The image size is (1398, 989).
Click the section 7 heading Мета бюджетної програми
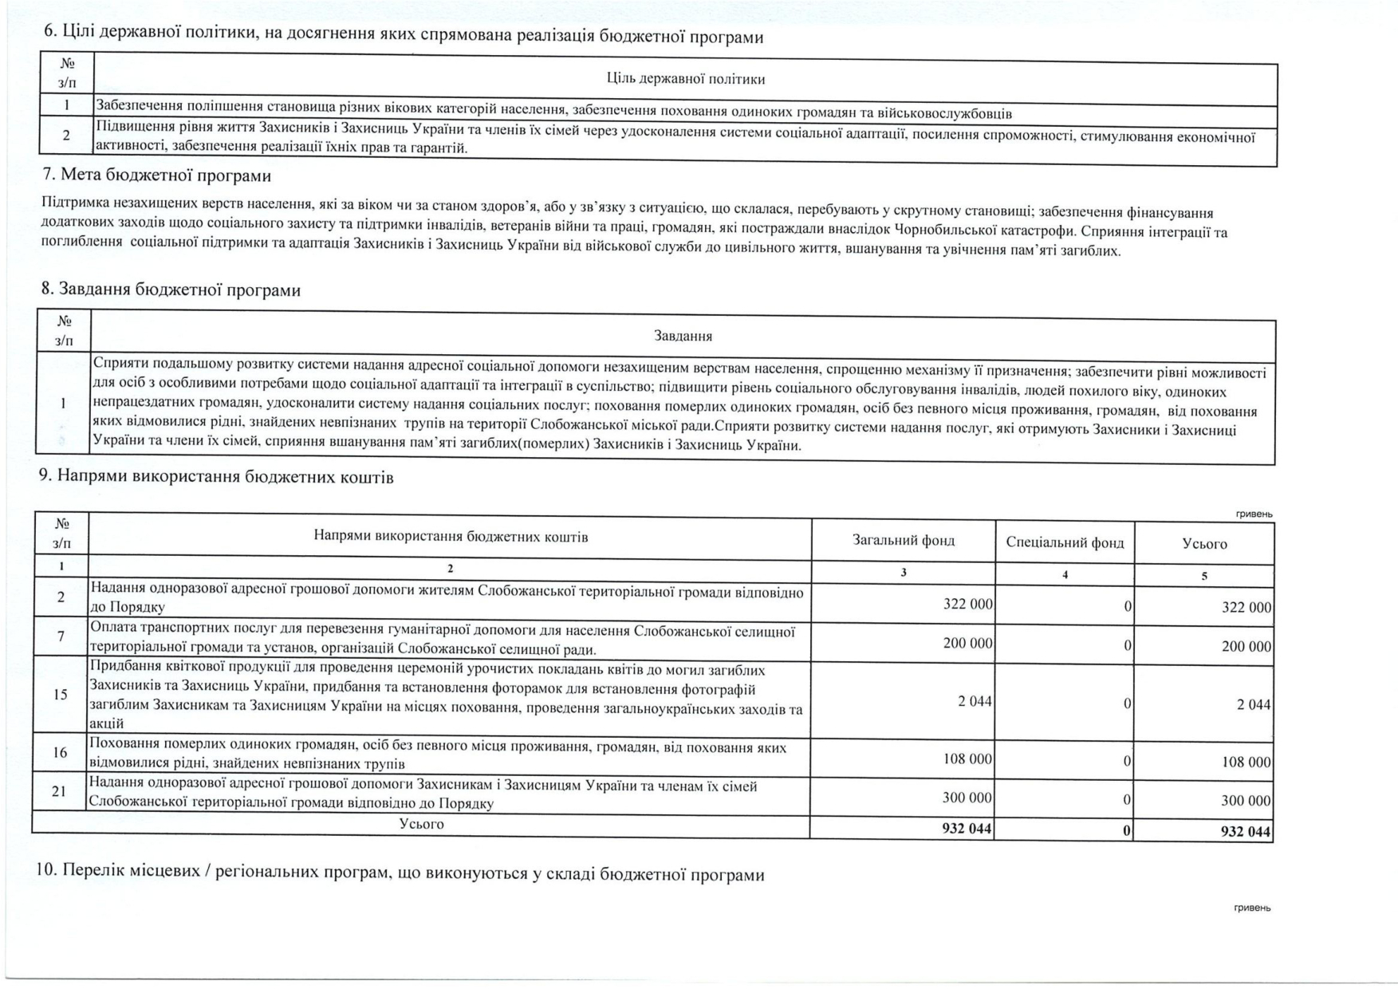(157, 175)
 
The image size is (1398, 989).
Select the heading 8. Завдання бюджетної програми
(171, 290)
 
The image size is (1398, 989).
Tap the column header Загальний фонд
(903, 540)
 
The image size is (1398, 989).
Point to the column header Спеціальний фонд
(1065, 543)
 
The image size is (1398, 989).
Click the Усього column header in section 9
(1204, 544)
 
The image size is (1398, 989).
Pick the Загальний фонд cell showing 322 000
(967, 605)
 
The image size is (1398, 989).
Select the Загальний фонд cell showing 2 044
(975, 702)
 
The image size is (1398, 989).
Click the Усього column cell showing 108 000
(1246, 762)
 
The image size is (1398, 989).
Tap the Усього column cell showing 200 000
(1246, 647)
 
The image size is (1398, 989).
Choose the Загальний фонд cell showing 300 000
(967, 798)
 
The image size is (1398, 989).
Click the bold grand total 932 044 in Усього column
(1246, 832)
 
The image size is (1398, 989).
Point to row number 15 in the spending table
(61, 695)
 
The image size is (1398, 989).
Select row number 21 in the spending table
(59, 792)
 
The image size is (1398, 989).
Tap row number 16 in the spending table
(60, 753)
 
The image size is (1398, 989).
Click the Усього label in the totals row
(421, 825)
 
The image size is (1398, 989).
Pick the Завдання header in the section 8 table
(683, 337)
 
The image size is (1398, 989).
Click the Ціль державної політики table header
(685, 79)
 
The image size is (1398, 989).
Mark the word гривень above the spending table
(1254, 514)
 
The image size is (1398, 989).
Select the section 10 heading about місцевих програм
(400, 874)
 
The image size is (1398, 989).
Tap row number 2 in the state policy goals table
(67, 136)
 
